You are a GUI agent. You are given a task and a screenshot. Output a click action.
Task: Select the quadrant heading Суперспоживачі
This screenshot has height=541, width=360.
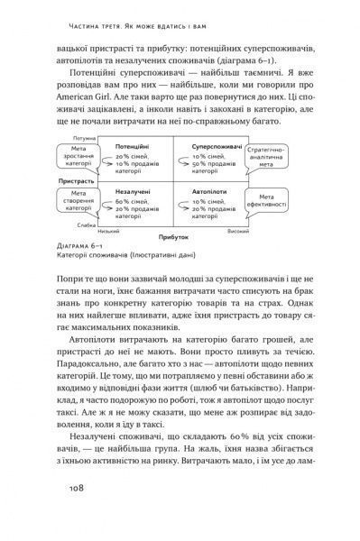click(212, 144)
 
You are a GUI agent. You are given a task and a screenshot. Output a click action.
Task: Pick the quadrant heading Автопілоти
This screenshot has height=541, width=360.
click(208, 193)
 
